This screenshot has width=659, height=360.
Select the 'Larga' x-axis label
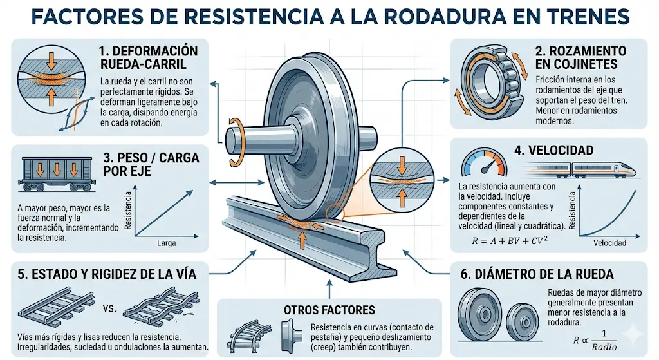pyautogui.click(x=167, y=244)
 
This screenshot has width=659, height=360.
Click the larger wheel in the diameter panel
pyautogui.click(x=481, y=316)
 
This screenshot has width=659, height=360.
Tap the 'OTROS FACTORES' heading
pyautogui.click(x=329, y=310)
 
